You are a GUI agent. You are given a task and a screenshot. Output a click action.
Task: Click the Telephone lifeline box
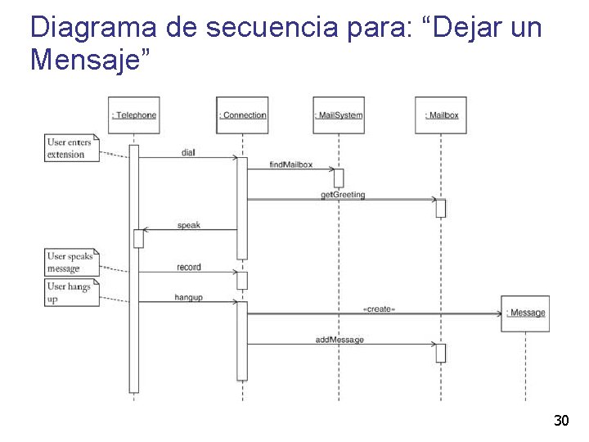click(x=134, y=115)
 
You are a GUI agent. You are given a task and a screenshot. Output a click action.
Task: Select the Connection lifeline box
click(x=242, y=115)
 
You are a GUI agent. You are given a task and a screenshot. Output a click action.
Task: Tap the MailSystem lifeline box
click(x=339, y=115)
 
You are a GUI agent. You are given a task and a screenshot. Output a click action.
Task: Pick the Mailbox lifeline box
click(x=442, y=115)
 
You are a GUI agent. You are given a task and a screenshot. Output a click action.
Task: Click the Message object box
click(x=525, y=313)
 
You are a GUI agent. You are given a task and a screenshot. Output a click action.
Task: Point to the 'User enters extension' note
click(x=71, y=148)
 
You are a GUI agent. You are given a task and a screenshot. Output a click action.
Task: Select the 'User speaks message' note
click(x=71, y=262)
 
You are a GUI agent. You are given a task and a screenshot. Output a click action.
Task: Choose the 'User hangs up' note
click(x=71, y=292)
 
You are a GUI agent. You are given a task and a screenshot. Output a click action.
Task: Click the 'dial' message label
click(x=188, y=153)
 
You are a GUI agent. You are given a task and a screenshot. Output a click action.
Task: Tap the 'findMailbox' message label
click(x=291, y=165)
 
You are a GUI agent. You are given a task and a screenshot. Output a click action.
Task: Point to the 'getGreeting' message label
click(x=343, y=195)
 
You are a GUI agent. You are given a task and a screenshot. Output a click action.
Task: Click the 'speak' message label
click(x=188, y=225)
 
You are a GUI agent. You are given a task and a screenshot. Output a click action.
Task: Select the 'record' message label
click(x=188, y=268)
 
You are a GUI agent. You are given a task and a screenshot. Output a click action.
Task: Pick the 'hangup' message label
click(x=188, y=297)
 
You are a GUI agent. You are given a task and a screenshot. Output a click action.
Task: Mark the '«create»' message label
click(x=378, y=309)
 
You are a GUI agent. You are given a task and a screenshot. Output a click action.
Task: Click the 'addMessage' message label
click(x=339, y=339)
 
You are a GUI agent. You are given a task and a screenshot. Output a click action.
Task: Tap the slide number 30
click(x=561, y=421)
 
